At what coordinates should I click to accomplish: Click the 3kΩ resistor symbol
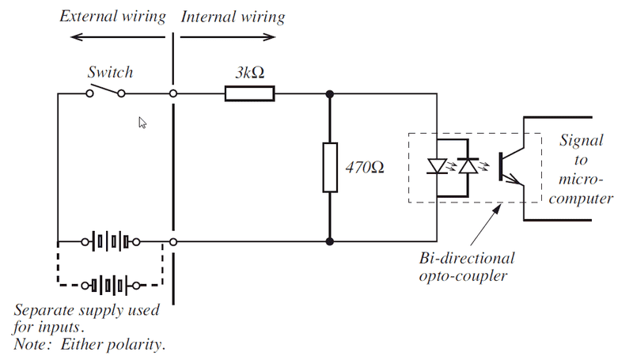click(x=250, y=95)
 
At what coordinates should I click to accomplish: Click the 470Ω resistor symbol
click(x=330, y=167)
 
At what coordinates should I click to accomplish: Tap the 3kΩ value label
click(x=249, y=72)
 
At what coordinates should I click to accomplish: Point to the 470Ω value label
click(x=365, y=168)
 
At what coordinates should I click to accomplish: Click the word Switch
click(x=110, y=72)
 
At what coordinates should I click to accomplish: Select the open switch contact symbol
click(x=105, y=94)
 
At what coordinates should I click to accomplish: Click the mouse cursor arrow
click(x=143, y=123)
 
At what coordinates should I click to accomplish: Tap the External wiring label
click(x=113, y=17)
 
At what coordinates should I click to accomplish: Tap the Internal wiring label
click(x=233, y=17)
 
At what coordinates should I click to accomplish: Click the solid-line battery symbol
click(x=110, y=241)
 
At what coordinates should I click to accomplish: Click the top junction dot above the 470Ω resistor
click(x=330, y=95)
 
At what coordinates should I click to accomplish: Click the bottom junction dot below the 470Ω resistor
click(x=330, y=241)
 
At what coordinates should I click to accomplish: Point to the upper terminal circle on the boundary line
click(x=173, y=94)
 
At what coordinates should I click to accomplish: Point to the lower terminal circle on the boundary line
click(x=173, y=241)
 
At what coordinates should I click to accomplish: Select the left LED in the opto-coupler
click(x=437, y=165)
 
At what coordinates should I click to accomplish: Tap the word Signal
click(x=582, y=141)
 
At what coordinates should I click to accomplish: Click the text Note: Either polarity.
click(x=91, y=346)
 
